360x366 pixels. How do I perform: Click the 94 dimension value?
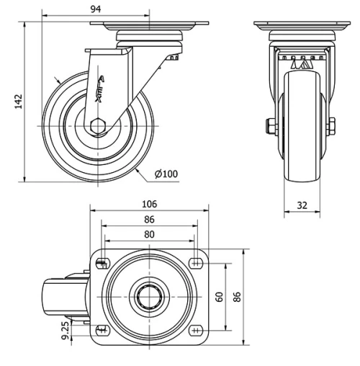pyautogui.click(x=96, y=8)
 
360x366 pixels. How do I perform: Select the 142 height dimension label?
pyautogui.click(x=17, y=102)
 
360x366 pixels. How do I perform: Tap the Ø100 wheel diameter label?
pyautogui.click(x=166, y=174)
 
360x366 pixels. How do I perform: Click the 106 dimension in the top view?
pyautogui.click(x=150, y=204)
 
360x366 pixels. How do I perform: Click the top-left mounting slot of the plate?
pyautogui.click(x=102, y=262)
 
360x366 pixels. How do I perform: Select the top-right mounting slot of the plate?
pyautogui.click(x=196, y=262)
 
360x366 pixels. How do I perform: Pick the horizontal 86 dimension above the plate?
pyautogui.click(x=150, y=219)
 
